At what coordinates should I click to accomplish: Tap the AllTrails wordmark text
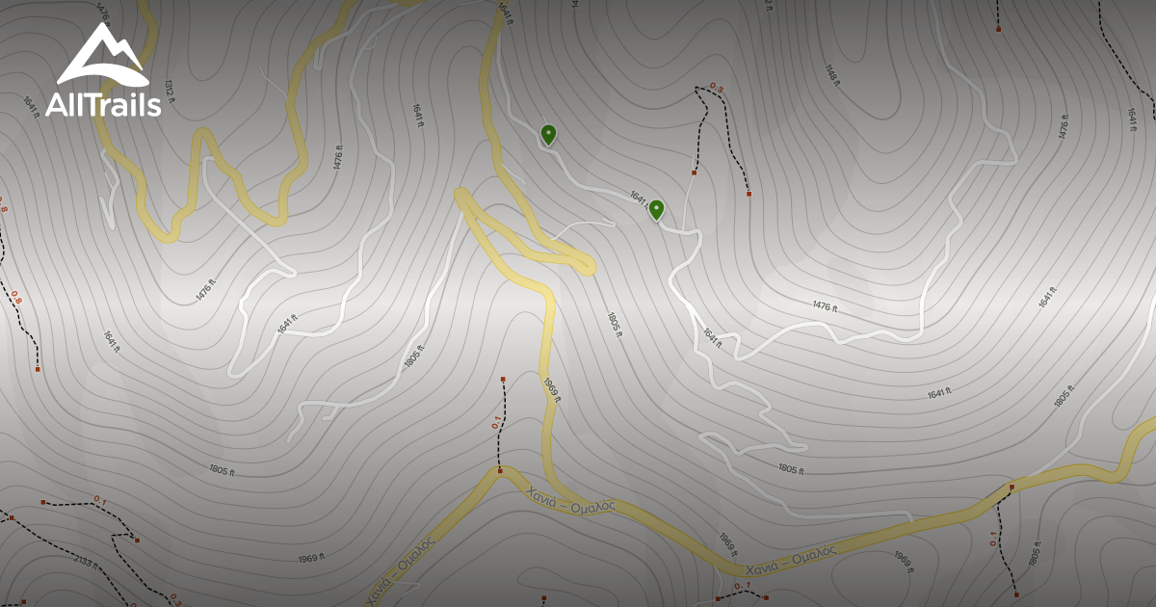click(x=103, y=104)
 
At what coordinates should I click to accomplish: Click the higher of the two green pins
click(x=548, y=134)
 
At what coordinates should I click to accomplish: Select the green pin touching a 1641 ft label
click(x=656, y=209)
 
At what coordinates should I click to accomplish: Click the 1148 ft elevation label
click(x=832, y=74)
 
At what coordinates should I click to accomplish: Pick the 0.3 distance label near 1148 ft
click(x=716, y=88)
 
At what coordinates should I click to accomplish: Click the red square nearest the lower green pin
click(x=694, y=173)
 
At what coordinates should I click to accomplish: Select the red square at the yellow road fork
click(x=500, y=471)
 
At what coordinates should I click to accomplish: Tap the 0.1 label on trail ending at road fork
click(x=496, y=422)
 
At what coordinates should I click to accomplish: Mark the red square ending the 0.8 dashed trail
click(x=38, y=369)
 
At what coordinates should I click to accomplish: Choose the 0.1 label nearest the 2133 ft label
click(x=99, y=499)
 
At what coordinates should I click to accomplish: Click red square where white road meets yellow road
click(x=1011, y=488)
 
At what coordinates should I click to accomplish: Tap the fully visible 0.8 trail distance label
click(x=16, y=299)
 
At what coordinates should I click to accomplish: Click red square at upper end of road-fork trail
click(x=503, y=380)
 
